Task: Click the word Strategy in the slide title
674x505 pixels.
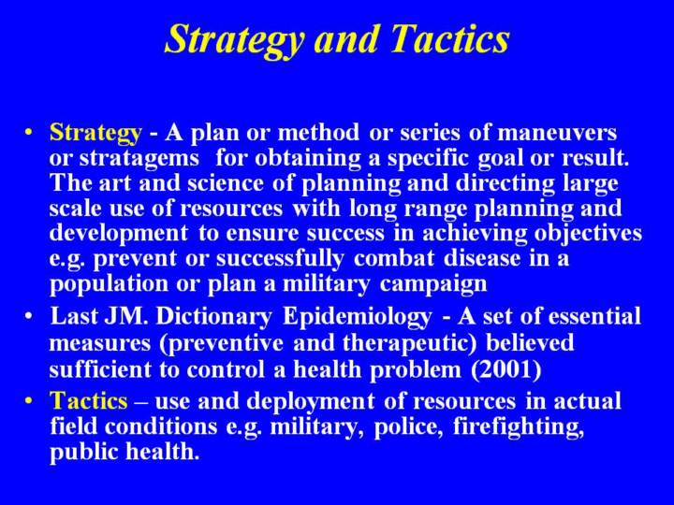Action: tap(234, 39)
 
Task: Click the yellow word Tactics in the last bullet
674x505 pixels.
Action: tap(89, 400)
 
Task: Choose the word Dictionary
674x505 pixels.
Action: tap(213, 317)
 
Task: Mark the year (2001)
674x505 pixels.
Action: tap(505, 369)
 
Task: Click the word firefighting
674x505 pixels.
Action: tap(519, 427)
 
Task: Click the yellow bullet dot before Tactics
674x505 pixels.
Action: tap(28, 400)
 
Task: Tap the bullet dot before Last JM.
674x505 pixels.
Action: tap(28, 317)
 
